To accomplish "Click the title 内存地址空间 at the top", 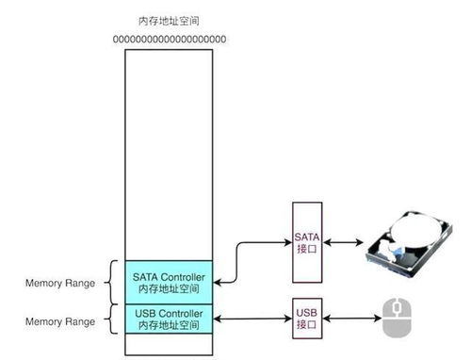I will [x=169, y=20].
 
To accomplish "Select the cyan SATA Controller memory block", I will [x=169, y=282].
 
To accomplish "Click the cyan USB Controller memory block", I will [x=169, y=319].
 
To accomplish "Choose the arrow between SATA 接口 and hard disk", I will [x=348, y=242].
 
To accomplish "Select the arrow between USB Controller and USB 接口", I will [x=252, y=319].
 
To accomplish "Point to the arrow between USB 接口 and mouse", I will [x=352, y=319].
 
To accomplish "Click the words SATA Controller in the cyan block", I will [x=169, y=275].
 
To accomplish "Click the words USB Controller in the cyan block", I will [x=169, y=312].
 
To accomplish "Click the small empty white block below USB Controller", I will [x=169, y=344].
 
